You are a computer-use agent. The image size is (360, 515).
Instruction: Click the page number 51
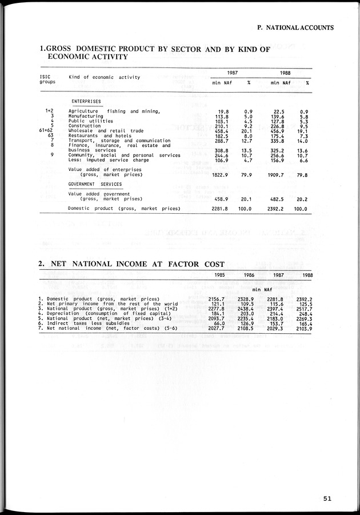click(x=326, y=498)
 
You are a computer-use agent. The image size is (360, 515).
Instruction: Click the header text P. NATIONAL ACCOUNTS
click(x=295, y=27)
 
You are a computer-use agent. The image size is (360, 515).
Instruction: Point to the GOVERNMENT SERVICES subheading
click(x=95, y=184)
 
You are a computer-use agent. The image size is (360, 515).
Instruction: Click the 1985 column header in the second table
click(x=219, y=275)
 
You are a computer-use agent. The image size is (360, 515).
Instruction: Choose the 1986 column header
click(x=249, y=275)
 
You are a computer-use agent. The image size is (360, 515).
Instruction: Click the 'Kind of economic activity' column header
click(x=104, y=77)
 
